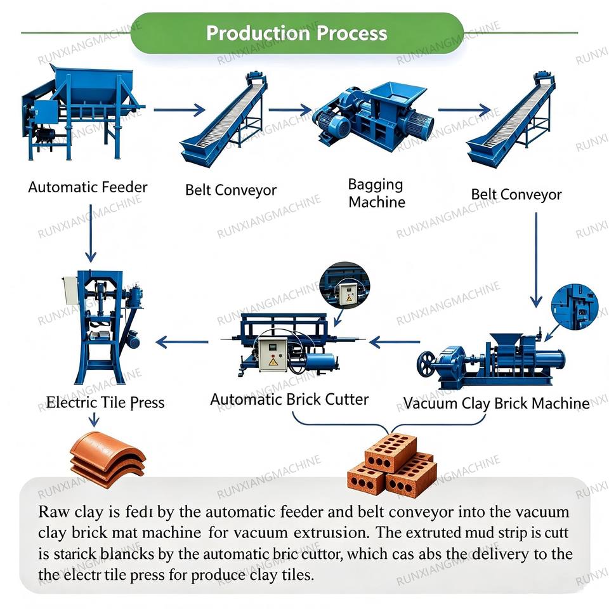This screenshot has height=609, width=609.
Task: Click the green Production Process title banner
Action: (x=297, y=33)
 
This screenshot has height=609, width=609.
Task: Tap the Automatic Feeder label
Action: (x=88, y=187)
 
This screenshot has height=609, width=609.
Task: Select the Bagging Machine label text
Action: (x=376, y=193)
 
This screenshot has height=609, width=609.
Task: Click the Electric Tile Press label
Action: (x=105, y=402)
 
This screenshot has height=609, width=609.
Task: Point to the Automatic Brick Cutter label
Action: (x=289, y=399)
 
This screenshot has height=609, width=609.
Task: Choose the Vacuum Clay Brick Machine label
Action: (x=496, y=403)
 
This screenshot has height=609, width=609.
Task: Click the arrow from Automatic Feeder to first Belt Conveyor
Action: (x=180, y=110)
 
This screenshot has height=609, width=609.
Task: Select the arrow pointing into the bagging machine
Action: (x=290, y=110)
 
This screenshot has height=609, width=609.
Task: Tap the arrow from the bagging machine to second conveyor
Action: (x=464, y=110)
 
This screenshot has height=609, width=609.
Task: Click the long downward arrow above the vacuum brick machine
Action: (x=537, y=260)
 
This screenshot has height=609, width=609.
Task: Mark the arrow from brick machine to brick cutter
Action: (x=395, y=342)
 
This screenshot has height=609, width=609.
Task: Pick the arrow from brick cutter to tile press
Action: (x=182, y=342)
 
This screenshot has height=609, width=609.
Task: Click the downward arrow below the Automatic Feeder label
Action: (x=91, y=233)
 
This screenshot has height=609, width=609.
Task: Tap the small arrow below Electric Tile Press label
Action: (x=94, y=419)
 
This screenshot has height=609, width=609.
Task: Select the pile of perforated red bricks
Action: (x=391, y=466)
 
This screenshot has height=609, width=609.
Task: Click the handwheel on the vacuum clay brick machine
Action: (x=426, y=364)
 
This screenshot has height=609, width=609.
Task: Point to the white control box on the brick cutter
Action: (x=273, y=354)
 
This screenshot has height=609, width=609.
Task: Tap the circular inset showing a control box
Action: (x=344, y=287)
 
